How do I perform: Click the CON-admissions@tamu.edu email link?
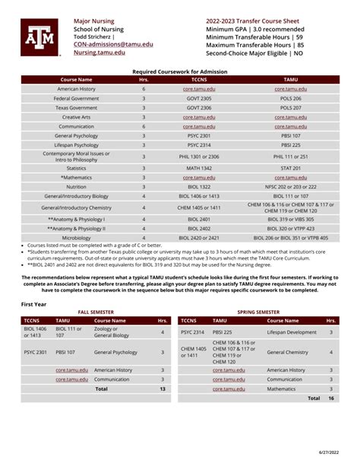pyautogui.click(x=112, y=45)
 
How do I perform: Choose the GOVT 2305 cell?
pyautogui.click(x=199, y=99)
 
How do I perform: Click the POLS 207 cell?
pyautogui.click(x=291, y=108)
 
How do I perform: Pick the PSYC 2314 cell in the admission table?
pyautogui.click(x=199, y=144)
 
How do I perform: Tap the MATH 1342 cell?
pyautogui.click(x=199, y=168)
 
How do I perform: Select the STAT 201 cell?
pyautogui.click(x=291, y=168)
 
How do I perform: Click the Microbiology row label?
pyautogui.click(x=76, y=238)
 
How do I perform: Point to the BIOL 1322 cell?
pyautogui.click(x=199, y=186)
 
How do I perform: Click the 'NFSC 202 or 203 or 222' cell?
pyautogui.click(x=291, y=186)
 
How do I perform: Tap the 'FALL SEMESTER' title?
pyautogui.click(x=96, y=312)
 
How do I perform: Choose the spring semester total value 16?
pyautogui.click(x=330, y=398)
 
